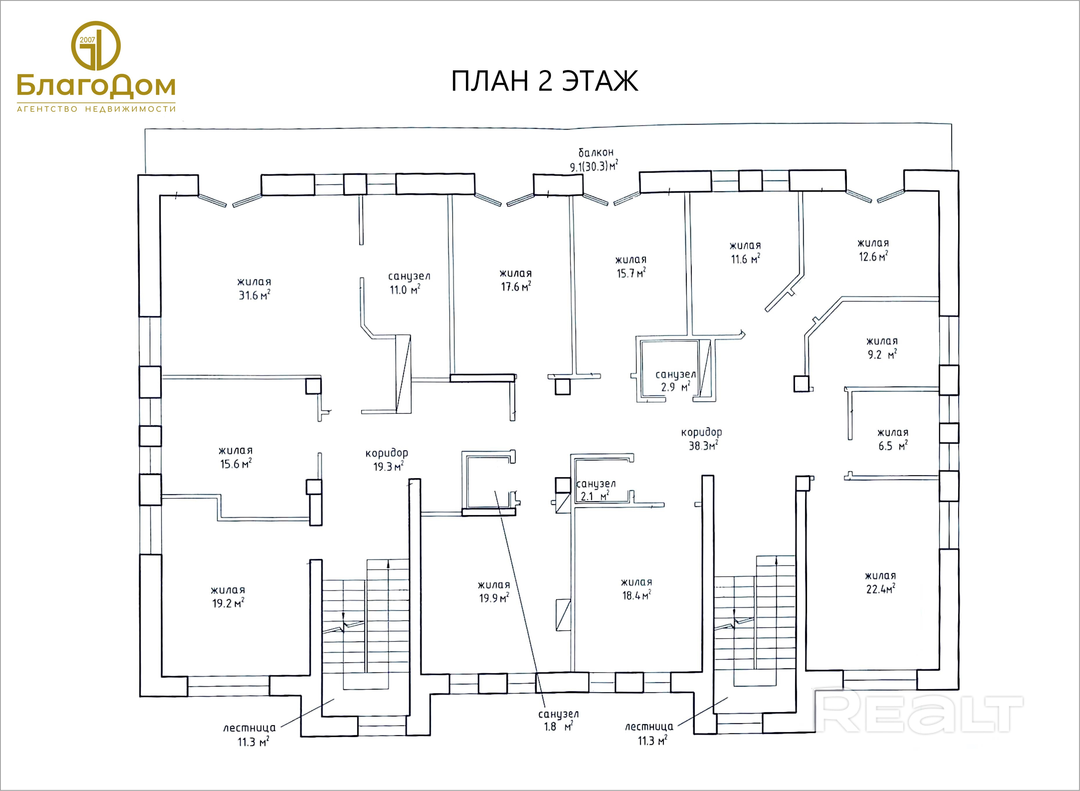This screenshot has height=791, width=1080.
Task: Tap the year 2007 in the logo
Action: [x=87, y=40]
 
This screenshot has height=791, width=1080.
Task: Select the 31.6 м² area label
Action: [x=254, y=295]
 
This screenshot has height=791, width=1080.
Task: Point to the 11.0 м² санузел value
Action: [x=405, y=290]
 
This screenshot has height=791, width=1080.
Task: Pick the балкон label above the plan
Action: [x=596, y=153]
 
